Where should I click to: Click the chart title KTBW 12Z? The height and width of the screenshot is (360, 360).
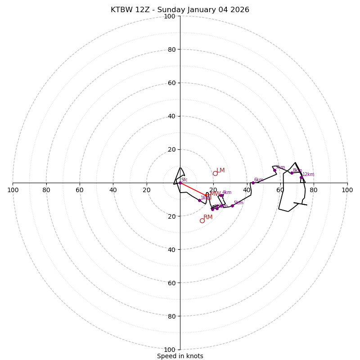(180, 10)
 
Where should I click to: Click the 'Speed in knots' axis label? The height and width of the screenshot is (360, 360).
(180, 356)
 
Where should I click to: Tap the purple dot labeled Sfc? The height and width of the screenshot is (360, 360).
(180, 183)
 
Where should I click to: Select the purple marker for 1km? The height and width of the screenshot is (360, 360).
(199, 200)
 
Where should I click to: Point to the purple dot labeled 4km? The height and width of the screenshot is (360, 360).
(221, 195)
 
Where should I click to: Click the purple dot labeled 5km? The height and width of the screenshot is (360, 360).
(232, 206)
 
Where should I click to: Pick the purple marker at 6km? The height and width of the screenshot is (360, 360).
(253, 183)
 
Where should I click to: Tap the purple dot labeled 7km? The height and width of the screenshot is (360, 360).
(274, 170)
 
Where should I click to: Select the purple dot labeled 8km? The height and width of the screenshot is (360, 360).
(292, 173)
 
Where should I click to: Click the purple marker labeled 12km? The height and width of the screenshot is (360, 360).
(301, 177)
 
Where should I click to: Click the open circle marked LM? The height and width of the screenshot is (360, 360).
(215, 173)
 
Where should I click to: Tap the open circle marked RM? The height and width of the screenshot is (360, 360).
(202, 220)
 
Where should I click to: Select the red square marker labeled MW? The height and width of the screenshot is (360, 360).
(208, 197)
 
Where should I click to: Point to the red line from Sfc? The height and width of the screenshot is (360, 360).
(193, 189)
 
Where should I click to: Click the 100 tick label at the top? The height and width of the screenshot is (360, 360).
(170, 16)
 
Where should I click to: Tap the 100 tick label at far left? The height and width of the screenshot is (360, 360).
(13, 190)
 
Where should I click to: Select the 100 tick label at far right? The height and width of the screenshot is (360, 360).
(347, 190)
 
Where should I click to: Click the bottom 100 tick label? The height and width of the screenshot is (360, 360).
(170, 350)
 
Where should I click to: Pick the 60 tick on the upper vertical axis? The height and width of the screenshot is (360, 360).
(171, 83)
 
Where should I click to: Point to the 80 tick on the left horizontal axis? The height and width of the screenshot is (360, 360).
(46, 190)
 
